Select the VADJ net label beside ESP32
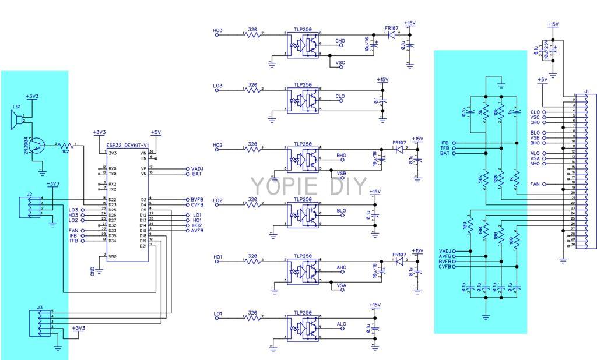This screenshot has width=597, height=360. pyautogui.click(x=196, y=168)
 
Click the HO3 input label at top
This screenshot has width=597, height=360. pyautogui.click(x=218, y=30)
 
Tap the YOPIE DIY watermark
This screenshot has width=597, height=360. pyautogui.click(x=309, y=186)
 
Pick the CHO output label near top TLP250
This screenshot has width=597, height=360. pyautogui.click(x=340, y=41)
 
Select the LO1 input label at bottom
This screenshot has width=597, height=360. pyautogui.click(x=218, y=313)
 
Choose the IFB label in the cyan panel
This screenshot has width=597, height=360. pyautogui.click(x=445, y=142)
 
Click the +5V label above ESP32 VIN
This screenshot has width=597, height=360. pyautogui.click(x=156, y=132)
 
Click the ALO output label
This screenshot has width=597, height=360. pyautogui.click(x=342, y=324)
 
